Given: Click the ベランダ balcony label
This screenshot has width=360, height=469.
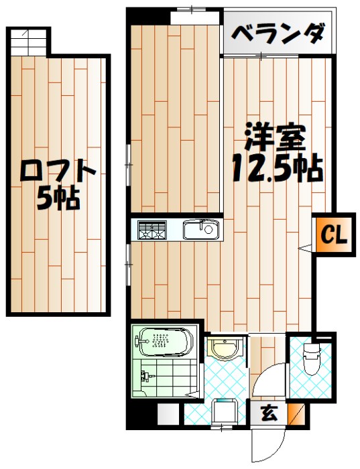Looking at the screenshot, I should coord(280,33).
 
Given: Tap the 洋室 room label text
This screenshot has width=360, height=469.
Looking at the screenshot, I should coord(275,136).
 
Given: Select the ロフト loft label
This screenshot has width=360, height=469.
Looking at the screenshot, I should coord(59,172).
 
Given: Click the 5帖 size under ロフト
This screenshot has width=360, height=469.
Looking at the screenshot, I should coord(59,198).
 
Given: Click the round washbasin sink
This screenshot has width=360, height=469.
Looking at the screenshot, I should coord(223,348).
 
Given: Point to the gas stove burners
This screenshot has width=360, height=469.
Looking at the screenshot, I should coord(152,230).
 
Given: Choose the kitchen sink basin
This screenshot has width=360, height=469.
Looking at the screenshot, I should coord(200,230).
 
